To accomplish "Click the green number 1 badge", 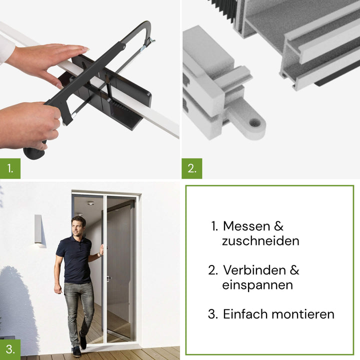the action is [x=10, y=168].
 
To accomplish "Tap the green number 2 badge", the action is [x=192, y=168].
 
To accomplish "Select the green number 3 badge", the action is [x=10, y=349].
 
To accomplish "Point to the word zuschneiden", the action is [x=260, y=241].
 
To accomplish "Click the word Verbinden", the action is [x=254, y=270].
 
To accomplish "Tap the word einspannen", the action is [x=257, y=285].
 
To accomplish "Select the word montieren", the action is [x=303, y=314].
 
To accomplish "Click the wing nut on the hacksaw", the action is [x=149, y=41].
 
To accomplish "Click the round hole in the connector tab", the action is [x=255, y=123].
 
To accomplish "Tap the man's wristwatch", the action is [x=100, y=254].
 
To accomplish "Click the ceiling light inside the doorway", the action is [x=90, y=203].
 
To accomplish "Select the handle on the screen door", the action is [x=107, y=279].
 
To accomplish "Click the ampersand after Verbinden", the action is [x=294, y=270].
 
